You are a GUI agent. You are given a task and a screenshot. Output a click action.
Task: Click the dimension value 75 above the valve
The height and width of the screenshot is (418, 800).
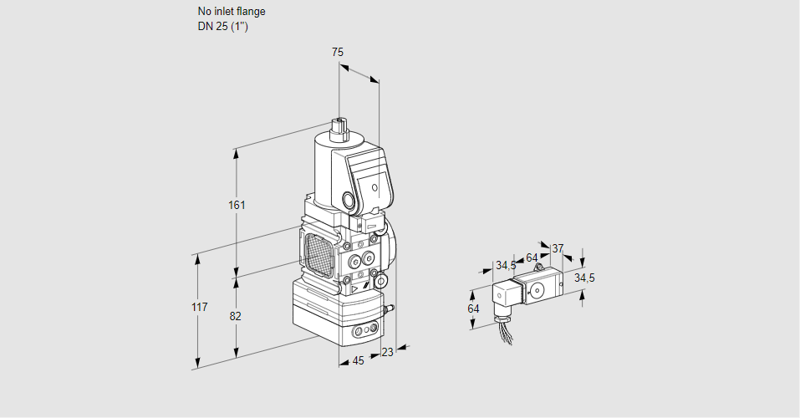pyautogui.click(x=337, y=53)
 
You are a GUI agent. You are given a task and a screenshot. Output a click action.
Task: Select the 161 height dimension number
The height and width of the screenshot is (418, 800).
pyautogui.click(x=237, y=206)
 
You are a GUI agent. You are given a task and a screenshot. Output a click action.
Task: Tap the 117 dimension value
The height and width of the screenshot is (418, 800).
pyautogui.click(x=198, y=308)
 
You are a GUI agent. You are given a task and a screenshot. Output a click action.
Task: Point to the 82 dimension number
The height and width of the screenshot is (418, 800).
pyautogui.click(x=235, y=316)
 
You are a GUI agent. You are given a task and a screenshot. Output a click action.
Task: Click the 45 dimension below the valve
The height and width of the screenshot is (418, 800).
pyautogui.click(x=358, y=361)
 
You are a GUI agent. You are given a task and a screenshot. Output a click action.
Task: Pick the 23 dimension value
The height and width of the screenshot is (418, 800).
pyautogui.click(x=386, y=353)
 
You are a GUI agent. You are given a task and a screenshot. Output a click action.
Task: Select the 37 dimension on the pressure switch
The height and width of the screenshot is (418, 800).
pyautogui.click(x=558, y=248)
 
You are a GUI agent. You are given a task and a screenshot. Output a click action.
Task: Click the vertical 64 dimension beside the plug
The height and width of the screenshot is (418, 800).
pyautogui.click(x=473, y=308)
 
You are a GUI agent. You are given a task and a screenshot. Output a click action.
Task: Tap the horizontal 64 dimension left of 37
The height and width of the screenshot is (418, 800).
pyautogui.click(x=532, y=257)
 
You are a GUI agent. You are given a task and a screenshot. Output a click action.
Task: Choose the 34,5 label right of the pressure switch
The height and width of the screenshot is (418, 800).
pyautogui.click(x=584, y=278)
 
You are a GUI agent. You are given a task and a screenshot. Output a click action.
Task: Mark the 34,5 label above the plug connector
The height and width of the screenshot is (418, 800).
pyautogui.click(x=506, y=266)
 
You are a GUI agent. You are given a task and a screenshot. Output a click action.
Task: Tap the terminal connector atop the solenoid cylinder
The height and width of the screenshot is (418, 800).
pyautogui.click(x=339, y=127)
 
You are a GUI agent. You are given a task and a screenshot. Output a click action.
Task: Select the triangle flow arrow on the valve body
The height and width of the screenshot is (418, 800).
pyautogui.click(x=354, y=289)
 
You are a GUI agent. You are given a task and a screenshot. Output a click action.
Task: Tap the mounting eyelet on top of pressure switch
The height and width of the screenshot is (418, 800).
pyautogui.click(x=541, y=262)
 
